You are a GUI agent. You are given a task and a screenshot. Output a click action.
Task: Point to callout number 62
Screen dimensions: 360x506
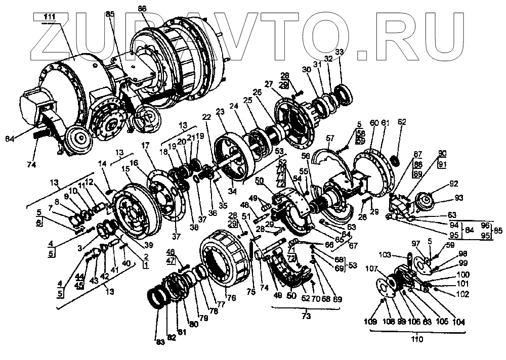click(x=402, y=122)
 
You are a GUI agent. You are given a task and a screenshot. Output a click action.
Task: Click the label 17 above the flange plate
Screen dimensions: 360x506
click(x=146, y=145)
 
